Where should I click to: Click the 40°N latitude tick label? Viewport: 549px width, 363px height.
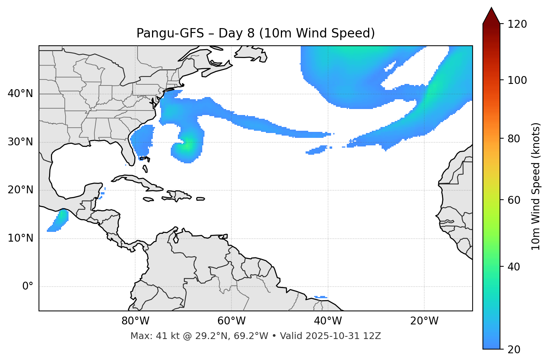pyautogui.click(x=20, y=94)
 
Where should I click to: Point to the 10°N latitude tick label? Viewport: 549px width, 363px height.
pyautogui.click(x=20, y=238)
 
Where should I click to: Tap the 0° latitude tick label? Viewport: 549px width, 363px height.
pyautogui.click(x=27, y=287)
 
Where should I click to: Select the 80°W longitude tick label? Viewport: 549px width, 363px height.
pyautogui.click(x=135, y=321)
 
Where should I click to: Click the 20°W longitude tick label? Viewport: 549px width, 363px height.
pyautogui.click(x=424, y=321)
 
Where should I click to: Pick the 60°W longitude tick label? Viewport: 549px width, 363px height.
pyautogui.click(x=231, y=321)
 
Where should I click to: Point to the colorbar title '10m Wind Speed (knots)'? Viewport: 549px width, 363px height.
pyautogui.click(x=536, y=186)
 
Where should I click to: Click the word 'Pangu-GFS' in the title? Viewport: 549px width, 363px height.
pyautogui.click(x=170, y=33)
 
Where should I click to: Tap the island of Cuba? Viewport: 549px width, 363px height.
pyautogui.click(x=137, y=181)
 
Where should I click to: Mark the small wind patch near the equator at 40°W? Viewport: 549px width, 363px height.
pyautogui.click(x=321, y=297)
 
